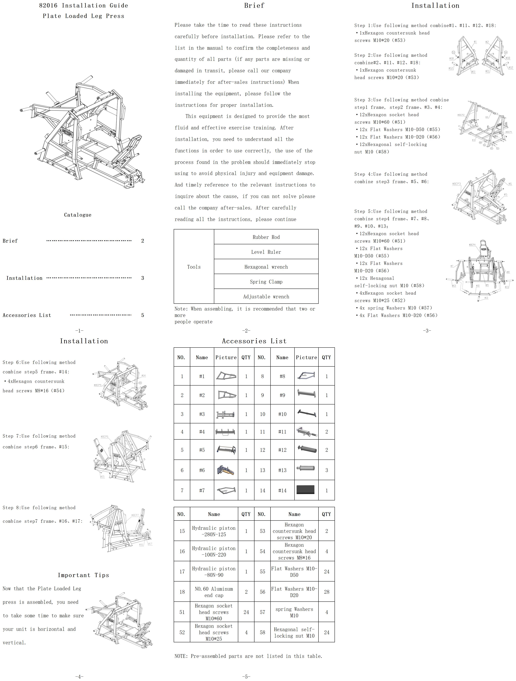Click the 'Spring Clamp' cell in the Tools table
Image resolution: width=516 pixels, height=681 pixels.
[266, 282]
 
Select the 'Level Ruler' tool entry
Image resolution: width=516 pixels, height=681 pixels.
[266, 252]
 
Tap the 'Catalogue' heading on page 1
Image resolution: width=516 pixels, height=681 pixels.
[78, 215]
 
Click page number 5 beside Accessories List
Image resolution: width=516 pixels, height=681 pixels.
[143, 315]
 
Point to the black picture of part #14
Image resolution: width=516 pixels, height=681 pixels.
[305, 490]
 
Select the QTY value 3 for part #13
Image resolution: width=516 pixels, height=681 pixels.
[326, 470]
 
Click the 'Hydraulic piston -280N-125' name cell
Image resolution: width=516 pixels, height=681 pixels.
[214, 531]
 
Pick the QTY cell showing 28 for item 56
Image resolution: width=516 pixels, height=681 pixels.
[326, 592]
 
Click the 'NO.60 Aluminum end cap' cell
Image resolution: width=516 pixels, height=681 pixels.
[214, 592]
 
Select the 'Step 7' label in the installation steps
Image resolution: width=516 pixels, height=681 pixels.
[11, 436]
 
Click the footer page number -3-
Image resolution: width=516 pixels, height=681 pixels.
[427, 331]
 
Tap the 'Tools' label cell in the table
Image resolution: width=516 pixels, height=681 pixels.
[194, 267]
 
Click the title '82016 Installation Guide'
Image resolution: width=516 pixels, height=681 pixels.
[83, 6]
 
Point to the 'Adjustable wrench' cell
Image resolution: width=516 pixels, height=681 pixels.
[266, 296]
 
